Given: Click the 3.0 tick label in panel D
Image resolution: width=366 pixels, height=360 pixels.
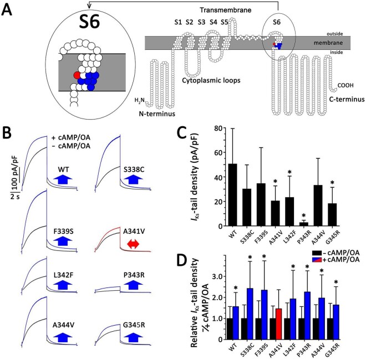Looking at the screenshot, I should [209, 276].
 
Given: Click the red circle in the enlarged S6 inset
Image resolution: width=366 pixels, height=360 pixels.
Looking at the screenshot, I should [77, 74].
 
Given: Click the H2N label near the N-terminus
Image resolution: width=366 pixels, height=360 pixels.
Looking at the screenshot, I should [143, 100].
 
